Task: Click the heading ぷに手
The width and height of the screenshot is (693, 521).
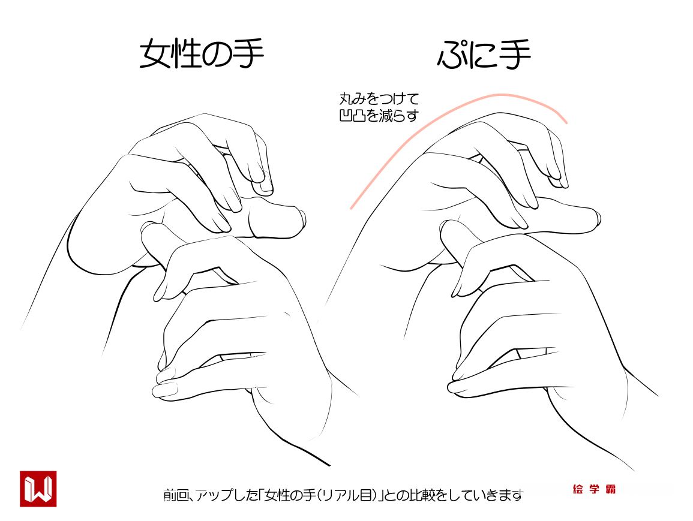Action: pyautogui.click(x=484, y=55)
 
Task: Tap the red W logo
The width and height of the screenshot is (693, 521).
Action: pyautogui.click(x=38, y=489)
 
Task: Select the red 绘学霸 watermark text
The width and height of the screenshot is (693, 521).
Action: pyautogui.click(x=593, y=489)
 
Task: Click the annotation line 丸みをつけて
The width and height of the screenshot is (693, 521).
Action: pyautogui.click(x=379, y=98)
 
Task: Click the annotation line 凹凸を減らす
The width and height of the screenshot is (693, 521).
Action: pyautogui.click(x=379, y=116)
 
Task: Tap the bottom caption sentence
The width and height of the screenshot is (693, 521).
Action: pyautogui.click(x=343, y=495)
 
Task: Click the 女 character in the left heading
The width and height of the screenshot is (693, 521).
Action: pyautogui.click(x=155, y=54)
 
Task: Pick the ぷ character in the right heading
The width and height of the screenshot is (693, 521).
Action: pyautogui.click(x=452, y=55)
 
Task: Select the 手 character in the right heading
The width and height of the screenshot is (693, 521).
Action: pyautogui.click(x=515, y=55)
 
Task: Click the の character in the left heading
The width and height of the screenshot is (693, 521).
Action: pyautogui.click(x=217, y=55)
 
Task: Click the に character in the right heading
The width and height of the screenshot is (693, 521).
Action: pyautogui.click(x=484, y=56)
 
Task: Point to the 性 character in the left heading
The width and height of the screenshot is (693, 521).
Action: pyautogui.click(x=187, y=54)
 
